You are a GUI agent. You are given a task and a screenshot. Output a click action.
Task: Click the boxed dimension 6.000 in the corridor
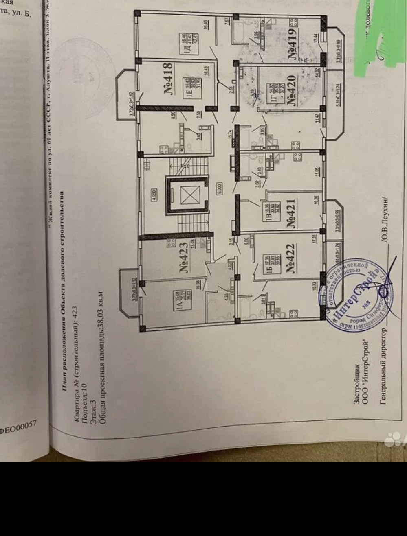pyautogui.click(x=220, y=190)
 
